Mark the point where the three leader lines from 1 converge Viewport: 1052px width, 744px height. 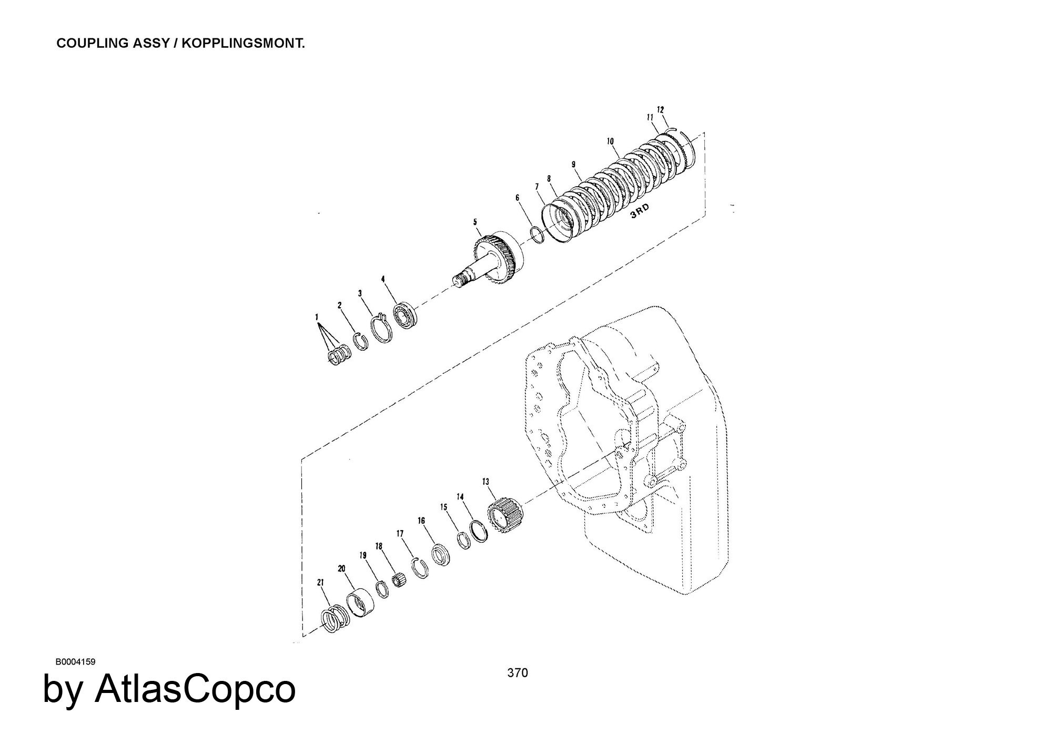(317, 323)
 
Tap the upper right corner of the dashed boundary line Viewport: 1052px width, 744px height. (704, 133)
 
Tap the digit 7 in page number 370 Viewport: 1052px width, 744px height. (518, 672)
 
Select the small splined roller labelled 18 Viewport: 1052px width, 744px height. (400, 582)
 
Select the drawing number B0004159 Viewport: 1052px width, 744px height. (75, 661)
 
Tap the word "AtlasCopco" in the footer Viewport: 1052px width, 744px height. (195, 689)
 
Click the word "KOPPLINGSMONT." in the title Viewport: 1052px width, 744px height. (244, 44)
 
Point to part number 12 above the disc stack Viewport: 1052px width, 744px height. (661, 109)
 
